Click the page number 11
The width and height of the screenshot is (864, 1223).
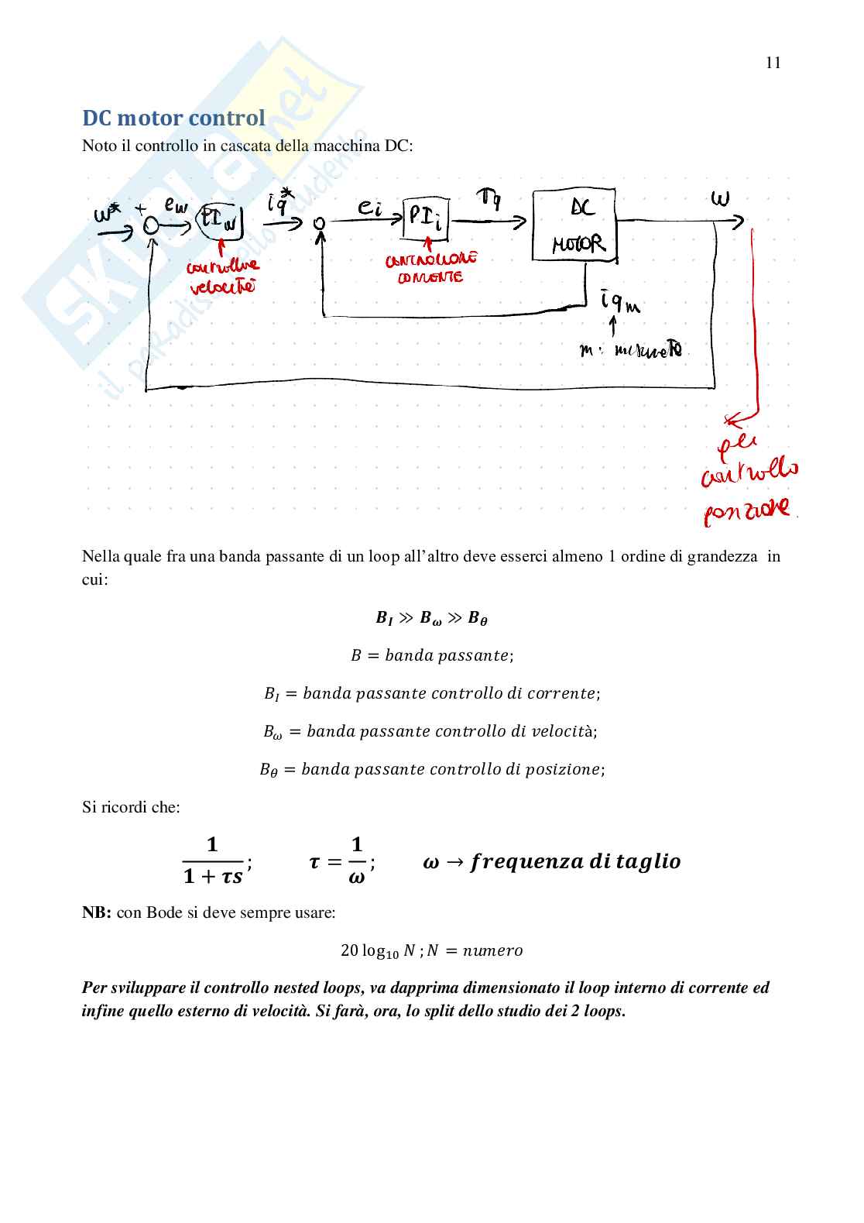[x=773, y=63]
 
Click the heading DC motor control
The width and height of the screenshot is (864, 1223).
[x=173, y=118]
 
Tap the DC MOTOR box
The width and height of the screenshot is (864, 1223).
[x=574, y=225]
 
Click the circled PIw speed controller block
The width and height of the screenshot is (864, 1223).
[x=221, y=222]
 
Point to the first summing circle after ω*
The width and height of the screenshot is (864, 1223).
[x=151, y=225]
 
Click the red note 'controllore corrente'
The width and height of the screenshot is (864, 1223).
[x=430, y=267]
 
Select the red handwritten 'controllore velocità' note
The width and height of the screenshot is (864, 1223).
[x=222, y=277]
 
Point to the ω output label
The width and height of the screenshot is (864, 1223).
[x=720, y=198]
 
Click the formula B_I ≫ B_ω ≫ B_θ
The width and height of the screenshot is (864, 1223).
[x=431, y=618]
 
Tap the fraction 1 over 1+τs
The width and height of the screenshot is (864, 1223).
[x=213, y=861]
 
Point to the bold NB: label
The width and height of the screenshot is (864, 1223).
[x=97, y=912]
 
